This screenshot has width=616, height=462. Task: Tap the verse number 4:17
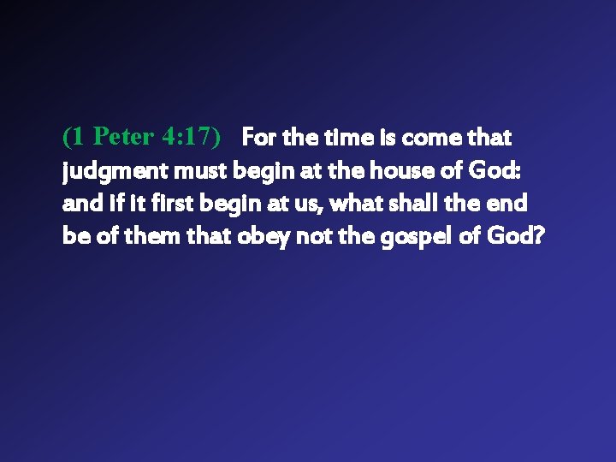(192, 137)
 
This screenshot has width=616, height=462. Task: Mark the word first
(160, 203)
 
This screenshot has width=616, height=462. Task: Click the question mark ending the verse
(538, 235)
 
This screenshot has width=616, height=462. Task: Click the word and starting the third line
(80, 203)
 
